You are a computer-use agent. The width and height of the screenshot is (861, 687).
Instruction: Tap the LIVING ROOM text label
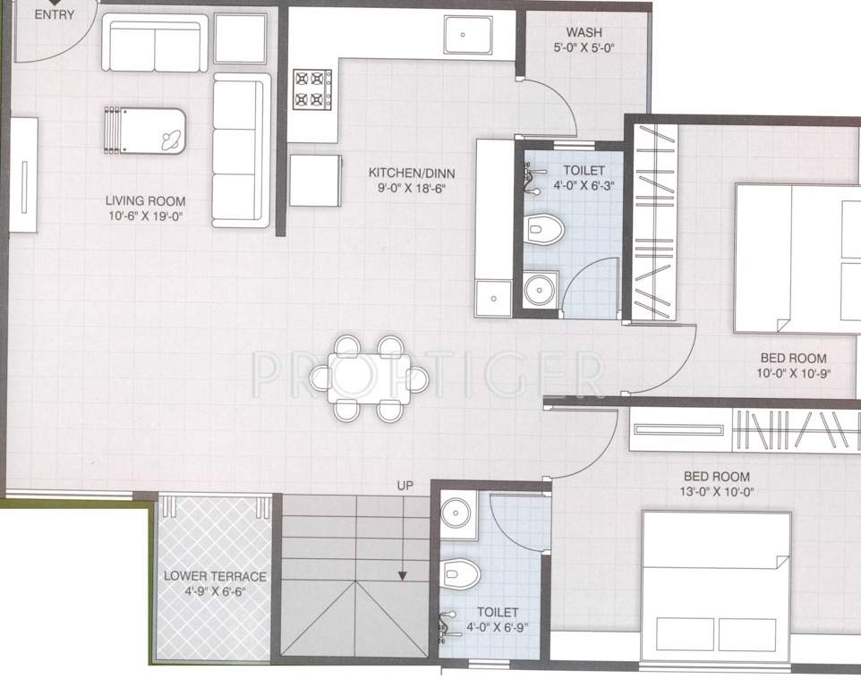(x=145, y=201)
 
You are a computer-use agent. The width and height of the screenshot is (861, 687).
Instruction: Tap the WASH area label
(x=584, y=33)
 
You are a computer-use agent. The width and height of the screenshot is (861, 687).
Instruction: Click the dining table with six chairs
(x=369, y=377)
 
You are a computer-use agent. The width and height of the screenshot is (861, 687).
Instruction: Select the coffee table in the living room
(x=146, y=131)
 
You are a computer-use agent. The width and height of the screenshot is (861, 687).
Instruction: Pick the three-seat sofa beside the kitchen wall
(x=242, y=149)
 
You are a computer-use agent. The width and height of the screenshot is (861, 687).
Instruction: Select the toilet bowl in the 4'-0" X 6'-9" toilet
(x=461, y=570)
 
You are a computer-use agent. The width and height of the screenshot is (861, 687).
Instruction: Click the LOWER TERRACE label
(x=215, y=574)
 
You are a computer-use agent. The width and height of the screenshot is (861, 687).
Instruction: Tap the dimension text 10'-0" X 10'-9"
(x=793, y=374)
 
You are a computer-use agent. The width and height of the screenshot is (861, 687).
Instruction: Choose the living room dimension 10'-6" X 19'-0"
(x=145, y=217)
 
